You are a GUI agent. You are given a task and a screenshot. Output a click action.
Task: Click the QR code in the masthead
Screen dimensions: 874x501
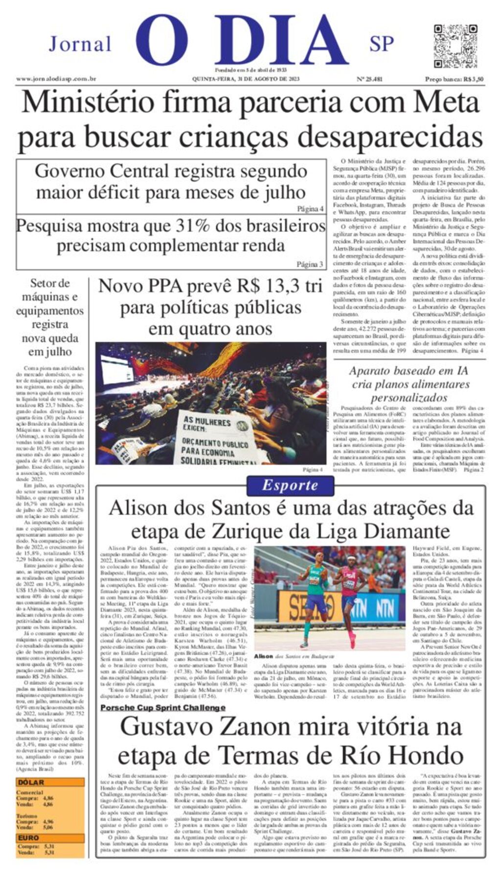tap(455, 46)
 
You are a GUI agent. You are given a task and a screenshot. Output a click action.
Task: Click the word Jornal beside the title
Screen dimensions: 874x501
tap(80, 45)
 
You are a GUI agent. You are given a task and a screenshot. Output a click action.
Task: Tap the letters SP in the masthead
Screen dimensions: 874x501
tap(382, 44)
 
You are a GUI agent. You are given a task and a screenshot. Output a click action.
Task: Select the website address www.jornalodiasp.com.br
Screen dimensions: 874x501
tap(56, 79)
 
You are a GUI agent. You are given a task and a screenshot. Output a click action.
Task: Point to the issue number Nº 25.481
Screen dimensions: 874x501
tap(369, 79)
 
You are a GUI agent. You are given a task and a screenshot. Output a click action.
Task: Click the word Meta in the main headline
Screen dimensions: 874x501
tap(446, 103)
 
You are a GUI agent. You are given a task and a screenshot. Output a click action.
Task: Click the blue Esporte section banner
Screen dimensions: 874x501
tap(290, 485)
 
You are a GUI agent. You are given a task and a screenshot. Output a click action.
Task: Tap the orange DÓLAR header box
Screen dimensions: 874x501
tap(49, 782)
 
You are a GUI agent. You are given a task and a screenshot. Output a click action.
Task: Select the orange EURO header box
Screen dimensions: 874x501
tap(49, 838)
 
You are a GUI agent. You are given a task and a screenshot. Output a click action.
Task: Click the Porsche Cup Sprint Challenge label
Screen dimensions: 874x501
tap(163, 707)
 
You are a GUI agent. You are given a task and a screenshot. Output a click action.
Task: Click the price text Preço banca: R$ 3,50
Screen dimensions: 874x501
tap(454, 79)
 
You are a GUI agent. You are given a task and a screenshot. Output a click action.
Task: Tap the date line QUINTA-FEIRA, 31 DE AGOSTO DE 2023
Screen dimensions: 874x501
tap(246, 79)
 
